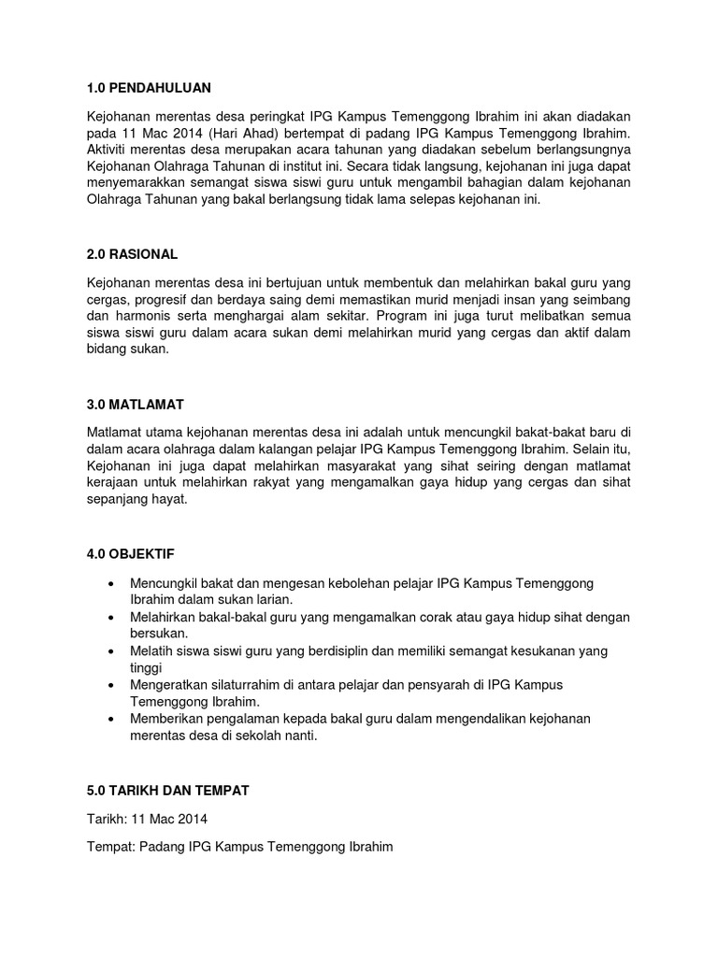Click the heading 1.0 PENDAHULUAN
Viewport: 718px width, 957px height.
coord(150,88)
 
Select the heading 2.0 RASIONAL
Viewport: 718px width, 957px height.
coord(132,254)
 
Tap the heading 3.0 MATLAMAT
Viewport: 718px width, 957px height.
coord(136,405)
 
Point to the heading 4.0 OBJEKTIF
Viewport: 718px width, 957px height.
coord(131,554)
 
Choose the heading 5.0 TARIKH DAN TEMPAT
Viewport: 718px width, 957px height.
coord(168,790)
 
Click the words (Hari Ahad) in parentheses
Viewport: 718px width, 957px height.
coord(238,133)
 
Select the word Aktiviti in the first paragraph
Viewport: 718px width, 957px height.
coord(110,150)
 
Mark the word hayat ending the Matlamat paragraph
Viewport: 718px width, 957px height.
coord(170,499)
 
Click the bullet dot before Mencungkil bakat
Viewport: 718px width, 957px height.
coord(112,583)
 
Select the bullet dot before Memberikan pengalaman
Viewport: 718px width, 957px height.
coord(112,718)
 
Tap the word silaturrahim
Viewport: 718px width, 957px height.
coord(245,684)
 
